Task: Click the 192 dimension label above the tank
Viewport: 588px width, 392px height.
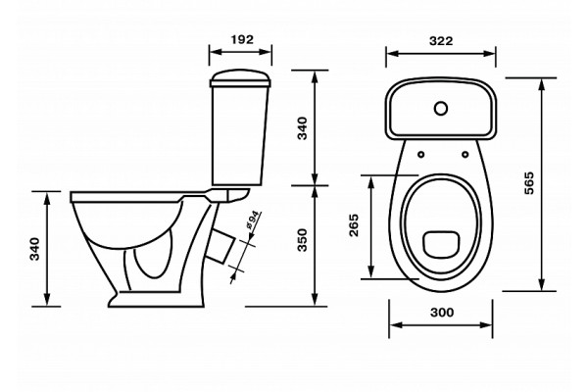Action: coord(242,39)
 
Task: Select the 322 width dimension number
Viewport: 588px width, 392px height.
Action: coord(441,40)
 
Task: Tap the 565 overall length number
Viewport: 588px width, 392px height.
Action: coord(528,183)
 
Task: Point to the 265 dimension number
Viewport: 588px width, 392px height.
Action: coord(354,225)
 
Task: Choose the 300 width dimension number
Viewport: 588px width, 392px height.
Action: coord(442,312)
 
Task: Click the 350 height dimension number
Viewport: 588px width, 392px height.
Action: coord(302,240)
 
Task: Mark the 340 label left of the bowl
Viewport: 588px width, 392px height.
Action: coord(34,249)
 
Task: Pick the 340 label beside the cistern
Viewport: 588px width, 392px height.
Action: coord(302,128)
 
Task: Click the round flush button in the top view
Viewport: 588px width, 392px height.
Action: coord(441,109)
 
